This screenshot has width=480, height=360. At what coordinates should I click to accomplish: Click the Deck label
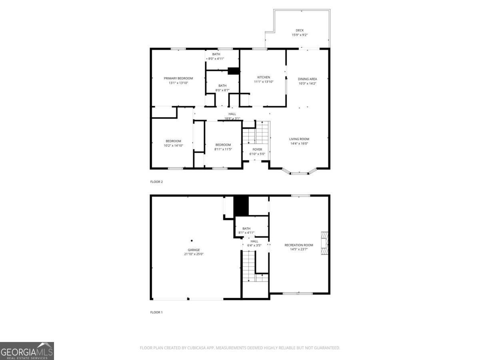click(300, 30)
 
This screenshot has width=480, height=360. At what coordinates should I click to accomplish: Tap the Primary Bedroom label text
click(178, 78)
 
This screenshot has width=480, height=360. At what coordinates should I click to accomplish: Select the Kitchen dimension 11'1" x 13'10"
click(264, 82)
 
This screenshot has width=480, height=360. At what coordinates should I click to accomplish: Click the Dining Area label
click(307, 79)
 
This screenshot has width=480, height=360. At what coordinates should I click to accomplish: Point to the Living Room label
click(299, 139)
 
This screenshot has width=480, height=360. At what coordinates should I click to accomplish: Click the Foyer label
click(257, 150)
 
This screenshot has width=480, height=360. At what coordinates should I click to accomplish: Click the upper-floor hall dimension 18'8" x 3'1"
click(232, 118)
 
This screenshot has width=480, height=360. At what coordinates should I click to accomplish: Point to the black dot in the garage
click(192, 240)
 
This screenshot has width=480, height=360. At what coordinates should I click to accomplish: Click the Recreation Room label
click(299, 245)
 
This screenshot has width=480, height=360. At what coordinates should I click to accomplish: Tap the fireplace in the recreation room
click(325, 243)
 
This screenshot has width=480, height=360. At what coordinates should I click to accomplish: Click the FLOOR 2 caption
click(156, 182)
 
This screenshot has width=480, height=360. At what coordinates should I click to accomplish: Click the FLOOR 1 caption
click(156, 312)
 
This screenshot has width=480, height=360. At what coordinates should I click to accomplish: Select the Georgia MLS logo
click(27, 351)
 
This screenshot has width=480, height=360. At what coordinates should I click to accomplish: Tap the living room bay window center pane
click(299, 173)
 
